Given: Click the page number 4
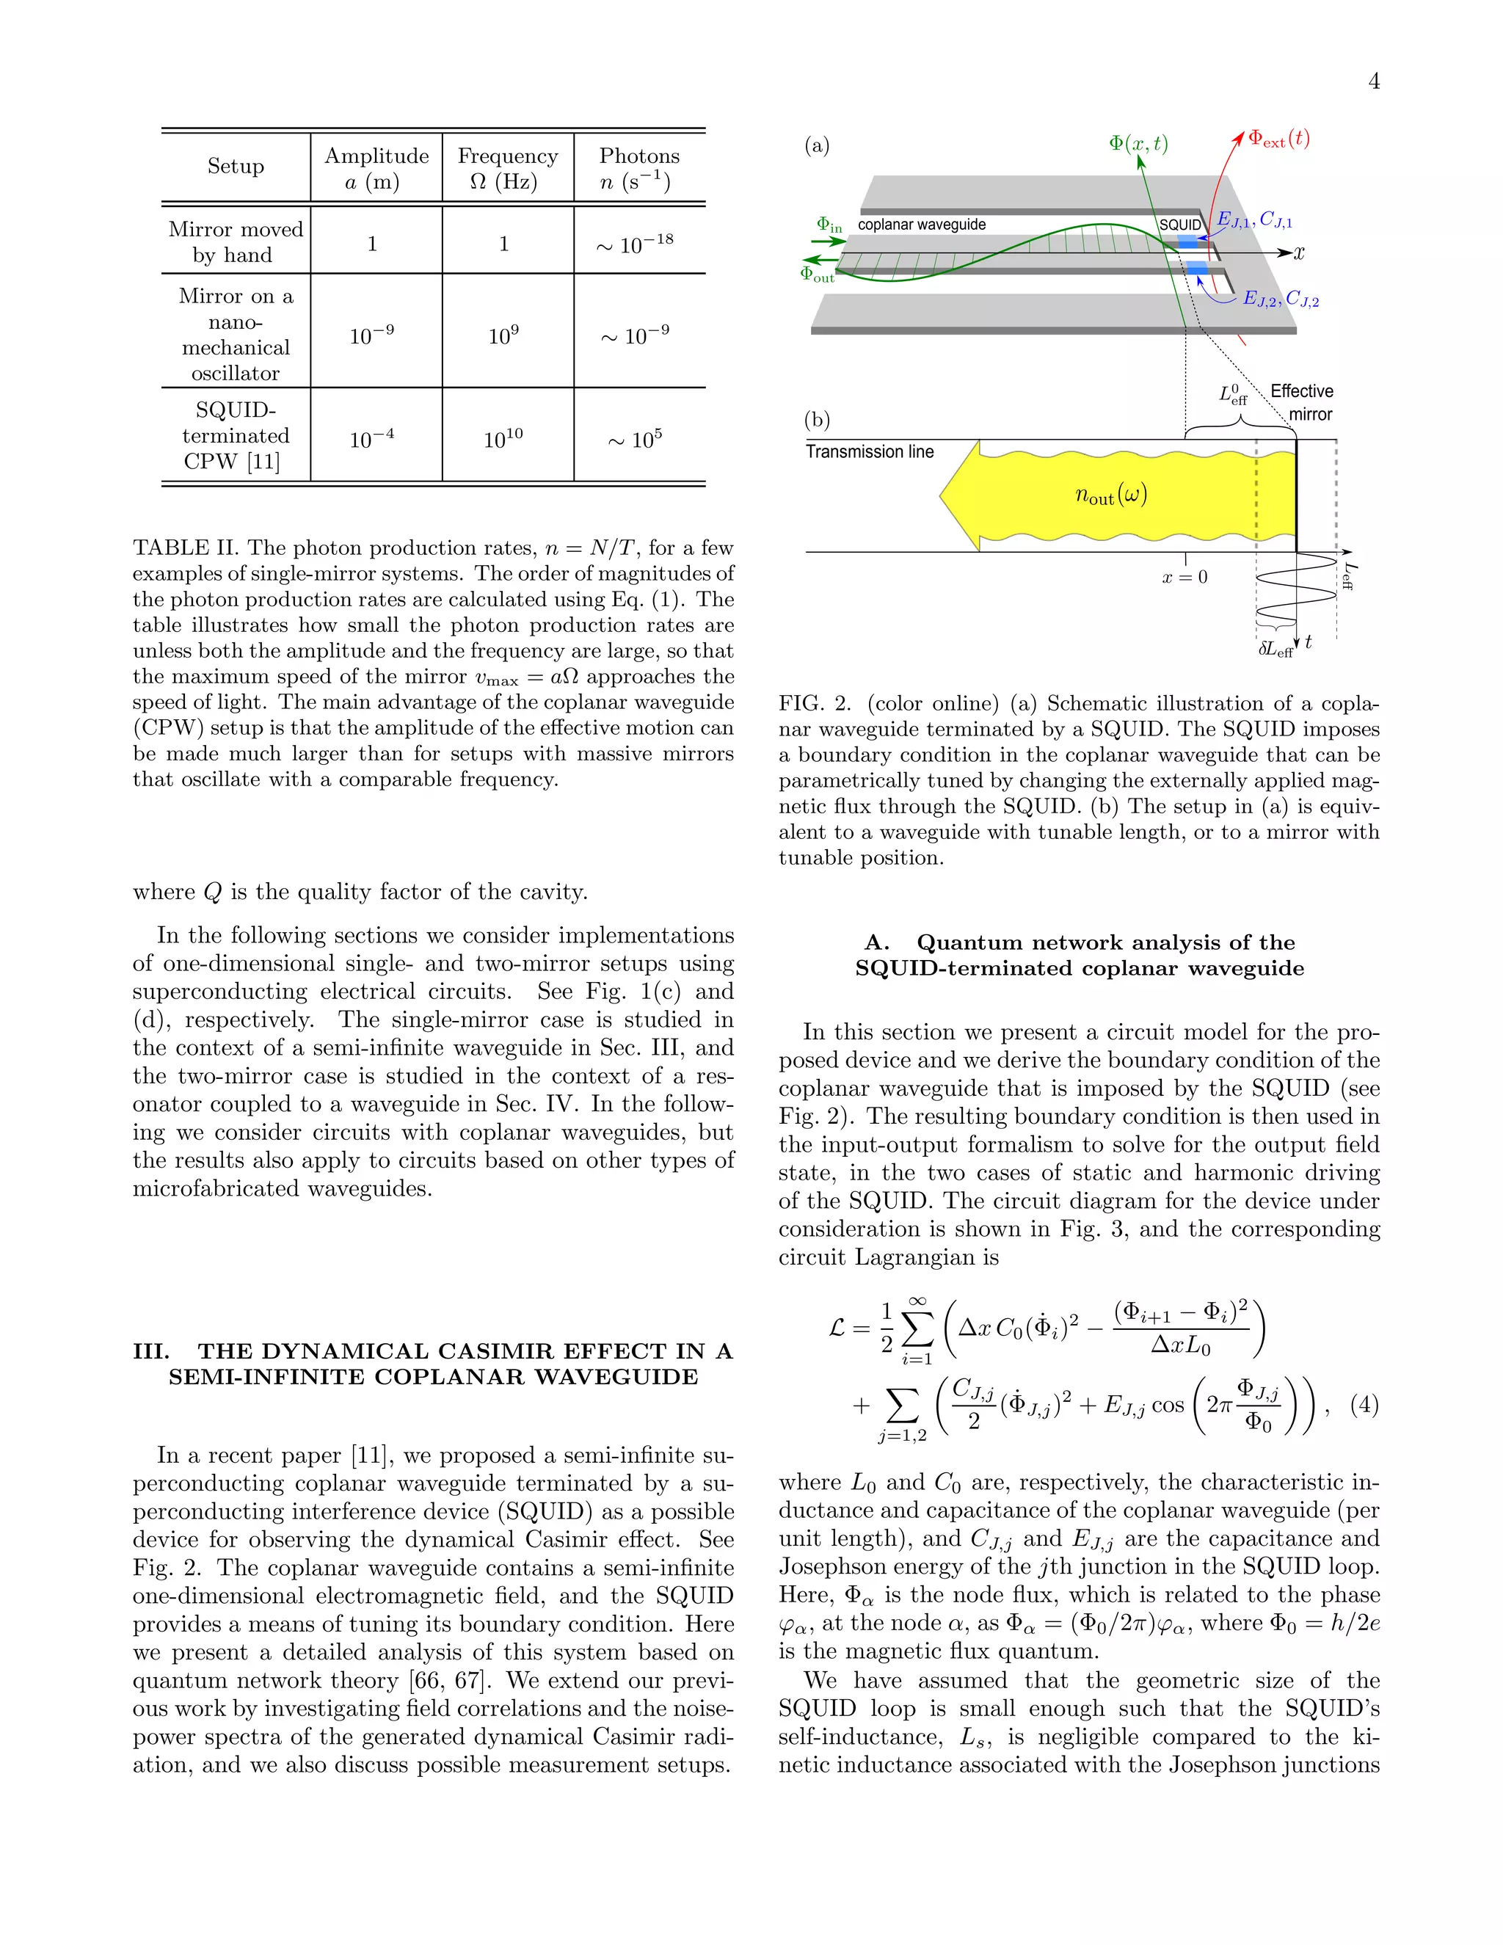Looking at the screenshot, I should [1374, 82].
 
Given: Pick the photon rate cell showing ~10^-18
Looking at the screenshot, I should [635, 244].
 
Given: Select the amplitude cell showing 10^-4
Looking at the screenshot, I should [371, 439].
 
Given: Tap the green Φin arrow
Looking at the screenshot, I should [828, 241].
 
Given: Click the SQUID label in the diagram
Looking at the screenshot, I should [1180, 225].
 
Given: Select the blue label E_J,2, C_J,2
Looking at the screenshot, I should [1281, 299].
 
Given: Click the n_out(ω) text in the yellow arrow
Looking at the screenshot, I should [1110, 495].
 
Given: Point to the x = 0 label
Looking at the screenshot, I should [1184, 577].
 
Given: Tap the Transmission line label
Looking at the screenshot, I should [869, 452].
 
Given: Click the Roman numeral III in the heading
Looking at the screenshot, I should [150, 1351].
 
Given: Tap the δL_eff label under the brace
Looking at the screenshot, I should [1274, 650].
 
